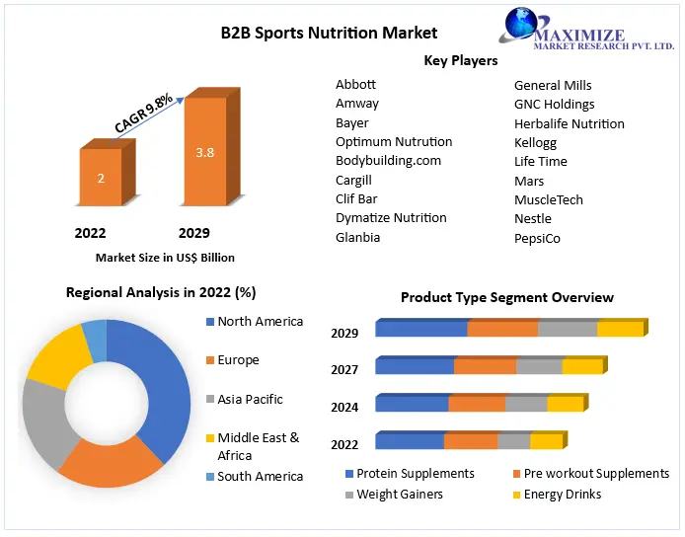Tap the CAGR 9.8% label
click(x=143, y=114)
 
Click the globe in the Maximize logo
click(x=521, y=24)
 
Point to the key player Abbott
click(x=355, y=84)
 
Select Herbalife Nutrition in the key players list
click(x=569, y=123)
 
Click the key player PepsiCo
click(x=537, y=238)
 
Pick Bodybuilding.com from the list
click(x=388, y=160)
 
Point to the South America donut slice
click(x=95, y=340)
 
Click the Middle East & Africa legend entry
click(x=254, y=446)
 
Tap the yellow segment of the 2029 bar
click(x=621, y=328)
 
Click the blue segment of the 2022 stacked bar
click(x=410, y=440)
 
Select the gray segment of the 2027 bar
click(x=539, y=365)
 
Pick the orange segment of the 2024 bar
click(x=477, y=403)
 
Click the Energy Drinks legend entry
click(x=557, y=495)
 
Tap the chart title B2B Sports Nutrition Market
click(x=329, y=33)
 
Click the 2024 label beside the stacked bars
click(x=344, y=408)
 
